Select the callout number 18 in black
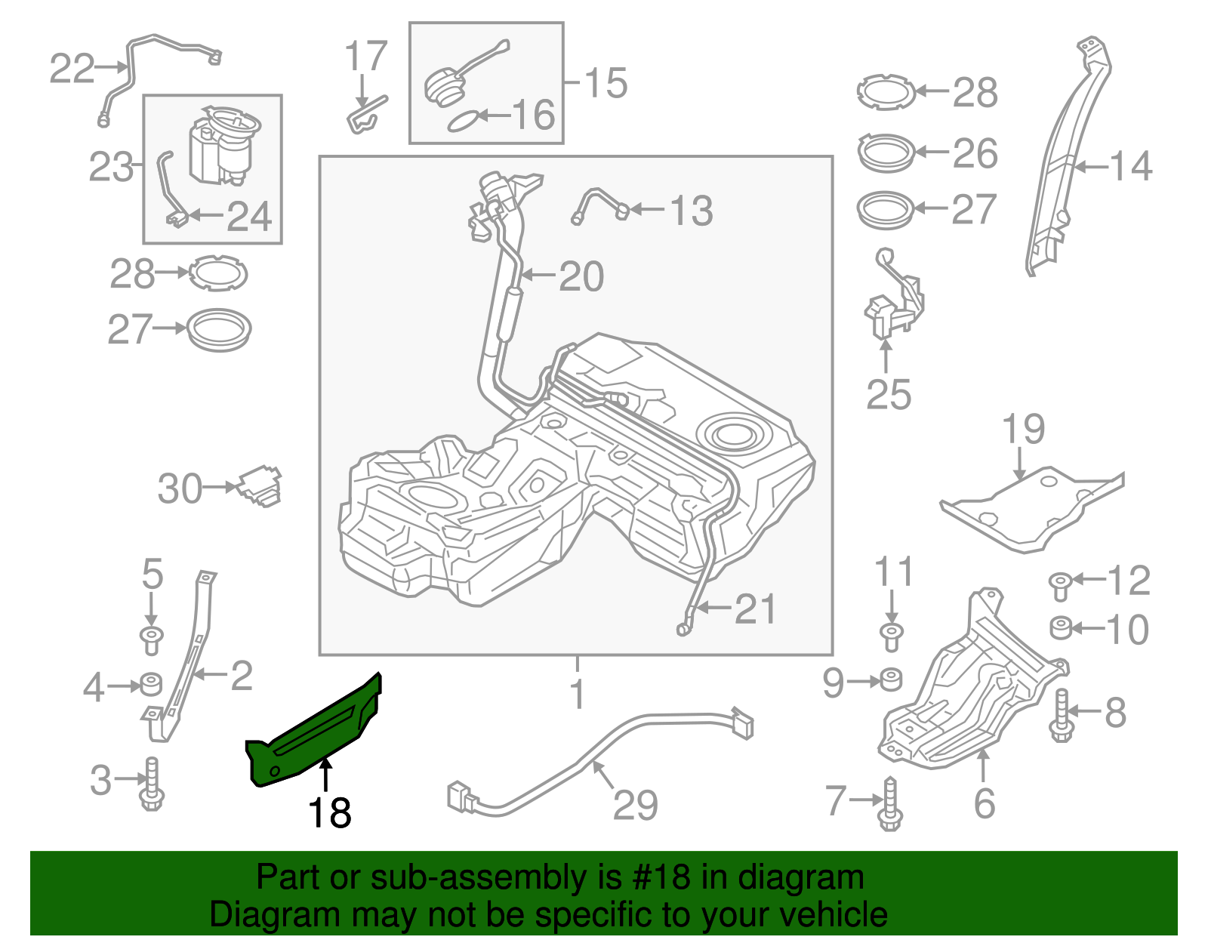[330, 813]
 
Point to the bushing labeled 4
[151, 684]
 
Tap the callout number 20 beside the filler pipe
[581, 276]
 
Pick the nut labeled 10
[1061, 627]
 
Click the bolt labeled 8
[1061, 713]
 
